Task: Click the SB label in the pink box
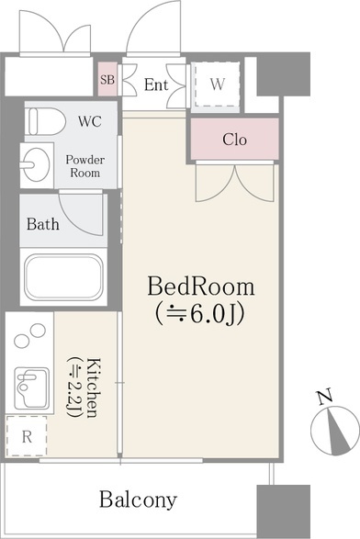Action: pyautogui.click(x=107, y=80)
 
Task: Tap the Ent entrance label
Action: pyautogui.click(x=156, y=84)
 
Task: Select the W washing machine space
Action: pyautogui.click(x=216, y=84)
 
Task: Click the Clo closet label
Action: pyautogui.click(x=234, y=140)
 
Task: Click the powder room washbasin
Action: pyautogui.click(x=35, y=164)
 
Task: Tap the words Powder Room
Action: pyautogui.click(x=85, y=166)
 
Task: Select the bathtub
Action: pyautogui.click(x=63, y=277)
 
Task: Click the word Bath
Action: pyautogui.click(x=43, y=224)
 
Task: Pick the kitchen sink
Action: pyautogui.click(x=32, y=387)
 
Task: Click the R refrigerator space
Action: pyautogui.click(x=27, y=436)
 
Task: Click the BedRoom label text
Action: pyautogui.click(x=201, y=286)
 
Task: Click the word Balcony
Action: pyautogui.click(x=139, y=500)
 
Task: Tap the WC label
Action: pyautogui.click(x=90, y=121)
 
